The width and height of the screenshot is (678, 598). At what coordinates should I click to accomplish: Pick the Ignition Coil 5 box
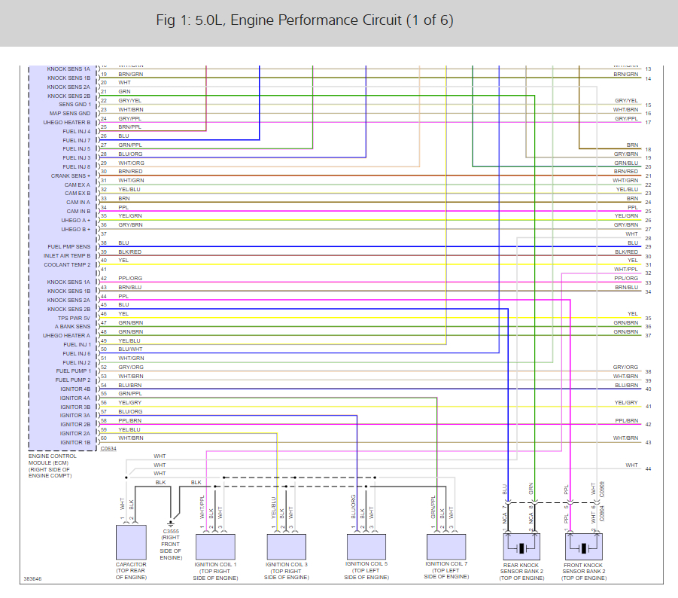pyautogui.click(x=366, y=544)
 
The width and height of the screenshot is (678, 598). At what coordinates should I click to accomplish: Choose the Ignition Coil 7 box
pyautogui.click(x=446, y=544)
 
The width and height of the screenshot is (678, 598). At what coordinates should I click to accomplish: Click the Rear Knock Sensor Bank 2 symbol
pyautogui.click(x=520, y=546)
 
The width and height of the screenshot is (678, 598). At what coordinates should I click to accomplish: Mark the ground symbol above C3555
pyautogui.click(x=172, y=520)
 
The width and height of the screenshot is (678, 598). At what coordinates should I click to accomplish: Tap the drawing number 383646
pyautogui.click(x=33, y=579)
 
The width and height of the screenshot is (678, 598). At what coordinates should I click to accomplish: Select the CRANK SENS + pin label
pyautogui.click(x=71, y=175)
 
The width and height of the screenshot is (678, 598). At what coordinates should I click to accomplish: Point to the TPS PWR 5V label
pyautogui.click(x=74, y=318)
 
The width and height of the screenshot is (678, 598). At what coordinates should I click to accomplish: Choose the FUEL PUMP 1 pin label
pyautogui.click(x=73, y=371)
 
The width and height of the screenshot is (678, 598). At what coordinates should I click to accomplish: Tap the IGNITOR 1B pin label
pyautogui.click(x=75, y=442)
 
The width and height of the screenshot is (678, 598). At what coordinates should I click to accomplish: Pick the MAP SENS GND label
pyautogui.click(x=70, y=114)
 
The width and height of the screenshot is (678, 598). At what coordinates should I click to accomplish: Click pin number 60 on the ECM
pyautogui.click(x=104, y=438)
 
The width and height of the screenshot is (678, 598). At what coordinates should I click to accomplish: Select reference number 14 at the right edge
pyautogui.click(x=648, y=78)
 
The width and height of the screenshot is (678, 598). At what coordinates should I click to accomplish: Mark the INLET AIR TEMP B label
pyautogui.click(x=67, y=255)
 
